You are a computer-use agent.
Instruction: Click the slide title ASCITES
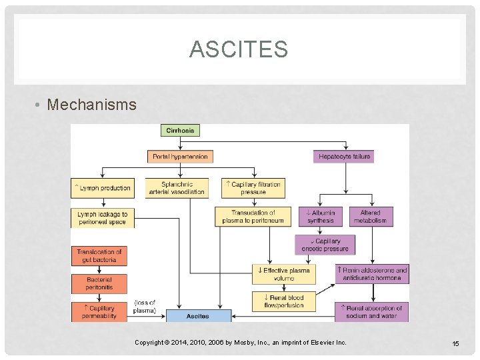tap(239, 49)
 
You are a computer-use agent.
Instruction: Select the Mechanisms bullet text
tap(92, 105)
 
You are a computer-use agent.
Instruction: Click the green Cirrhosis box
tap(180, 131)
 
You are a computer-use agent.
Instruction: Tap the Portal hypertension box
tap(180, 157)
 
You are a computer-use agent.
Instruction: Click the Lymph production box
tap(103, 188)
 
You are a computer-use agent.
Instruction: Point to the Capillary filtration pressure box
tap(253, 188)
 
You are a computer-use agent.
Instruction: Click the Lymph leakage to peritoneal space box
tap(103, 218)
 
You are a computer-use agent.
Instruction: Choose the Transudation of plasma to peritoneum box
tap(253, 217)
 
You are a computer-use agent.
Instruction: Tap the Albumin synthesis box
tap(321, 217)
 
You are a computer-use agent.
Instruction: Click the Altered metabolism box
tap(370, 217)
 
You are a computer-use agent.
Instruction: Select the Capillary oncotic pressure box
tap(325, 245)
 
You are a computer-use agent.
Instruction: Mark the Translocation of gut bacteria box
tap(99, 256)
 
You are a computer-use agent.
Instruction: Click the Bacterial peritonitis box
tap(99, 283)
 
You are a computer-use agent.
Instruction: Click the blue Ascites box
tap(198, 315)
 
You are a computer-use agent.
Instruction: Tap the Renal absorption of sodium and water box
tap(372, 312)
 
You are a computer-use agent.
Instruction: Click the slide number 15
tap(455, 343)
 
